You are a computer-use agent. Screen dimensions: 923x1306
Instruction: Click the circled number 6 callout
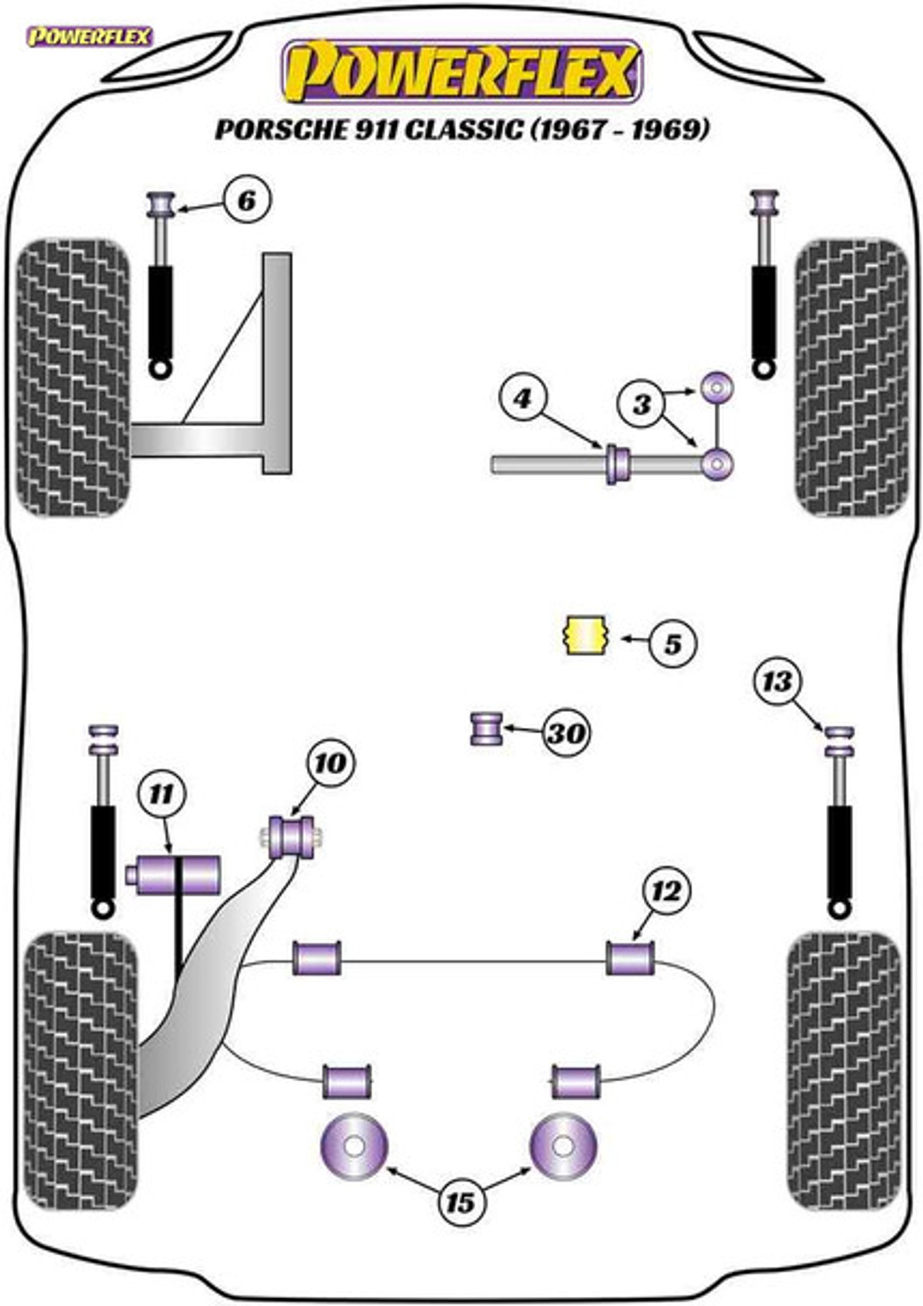pyautogui.click(x=247, y=200)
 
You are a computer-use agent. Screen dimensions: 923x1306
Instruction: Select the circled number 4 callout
pyautogui.click(x=522, y=400)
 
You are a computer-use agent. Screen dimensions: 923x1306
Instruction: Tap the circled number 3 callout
pyautogui.click(x=641, y=404)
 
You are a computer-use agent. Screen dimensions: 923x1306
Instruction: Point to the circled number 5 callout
pyautogui.click(x=671, y=644)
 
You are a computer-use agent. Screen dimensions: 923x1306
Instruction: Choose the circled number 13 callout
pyautogui.click(x=778, y=681)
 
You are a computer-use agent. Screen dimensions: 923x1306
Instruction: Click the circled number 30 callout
pyautogui.click(x=566, y=733)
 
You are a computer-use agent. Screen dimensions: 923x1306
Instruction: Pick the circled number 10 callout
pyautogui.click(x=331, y=763)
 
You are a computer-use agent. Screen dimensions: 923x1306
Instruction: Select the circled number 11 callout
pyautogui.click(x=162, y=794)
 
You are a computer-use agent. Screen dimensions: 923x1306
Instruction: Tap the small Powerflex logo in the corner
pyautogui.click(x=89, y=37)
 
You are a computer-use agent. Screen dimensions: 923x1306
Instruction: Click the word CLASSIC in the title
pyautogui.click(x=463, y=130)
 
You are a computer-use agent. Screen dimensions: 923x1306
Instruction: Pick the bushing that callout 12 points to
pyautogui.click(x=631, y=957)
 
